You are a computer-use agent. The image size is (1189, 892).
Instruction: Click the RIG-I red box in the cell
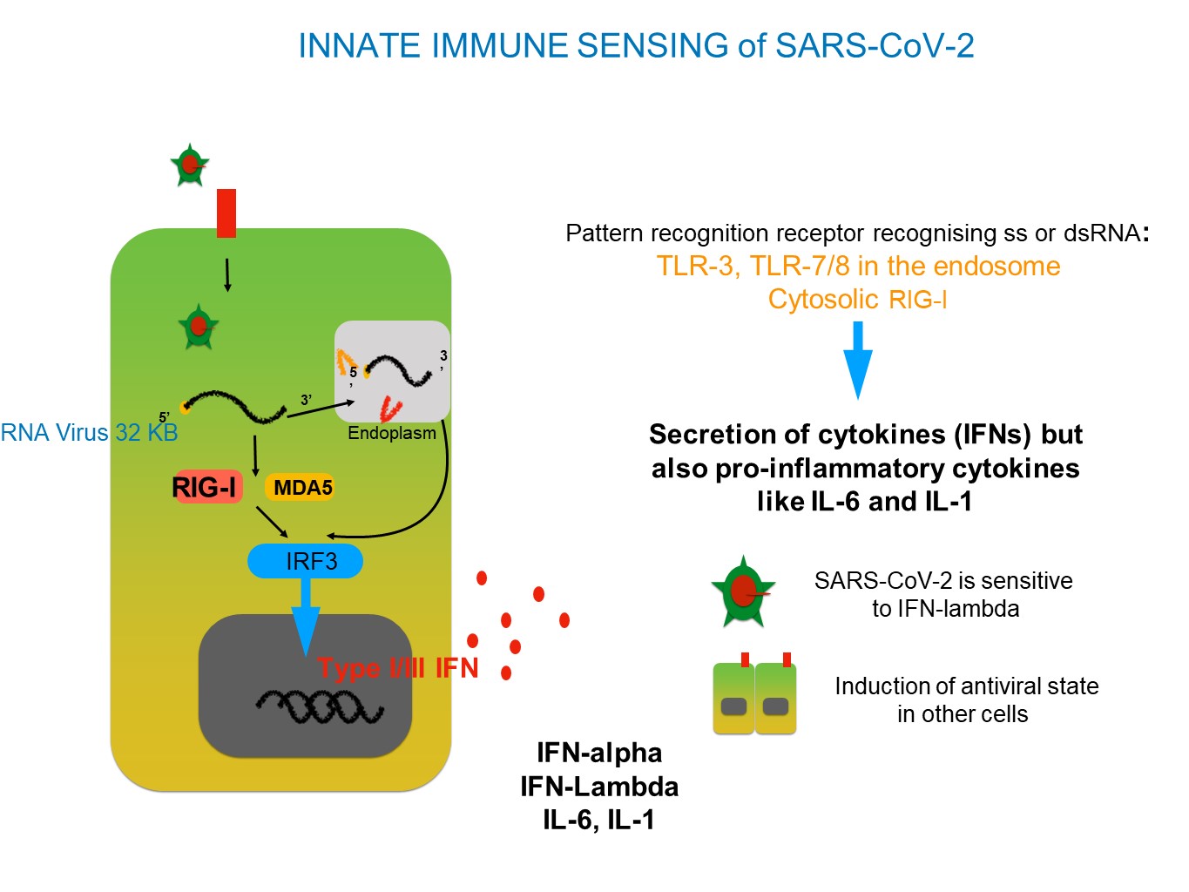[x=207, y=486]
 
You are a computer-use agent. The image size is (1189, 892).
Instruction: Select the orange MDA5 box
[x=299, y=487]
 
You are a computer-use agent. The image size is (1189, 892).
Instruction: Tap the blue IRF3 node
[x=305, y=561]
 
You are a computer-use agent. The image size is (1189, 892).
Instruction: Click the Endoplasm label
[x=392, y=433]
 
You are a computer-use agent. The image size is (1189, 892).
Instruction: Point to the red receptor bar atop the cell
[x=226, y=213]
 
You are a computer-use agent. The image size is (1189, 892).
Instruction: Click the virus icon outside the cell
[x=190, y=165]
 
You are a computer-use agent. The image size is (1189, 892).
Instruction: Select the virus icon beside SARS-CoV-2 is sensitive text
[x=743, y=591]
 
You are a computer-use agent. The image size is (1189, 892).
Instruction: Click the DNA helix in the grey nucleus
[x=320, y=706]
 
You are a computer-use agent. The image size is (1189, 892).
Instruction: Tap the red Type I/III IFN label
[x=397, y=668]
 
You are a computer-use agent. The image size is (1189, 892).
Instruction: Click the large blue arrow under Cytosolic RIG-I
[x=857, y=360]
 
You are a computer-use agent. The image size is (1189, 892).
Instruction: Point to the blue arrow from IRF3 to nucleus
[x=306, y=618]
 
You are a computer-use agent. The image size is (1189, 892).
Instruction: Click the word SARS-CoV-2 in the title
[x=875, y=45]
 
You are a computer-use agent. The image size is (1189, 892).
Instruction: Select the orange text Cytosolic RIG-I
[x=857, y=299]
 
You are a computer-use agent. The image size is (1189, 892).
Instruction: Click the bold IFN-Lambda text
[x=599, y=787]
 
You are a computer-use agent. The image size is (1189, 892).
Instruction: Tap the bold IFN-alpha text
[x=599, y=753]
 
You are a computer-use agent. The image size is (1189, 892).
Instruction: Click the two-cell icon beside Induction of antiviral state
[x=754, y=693]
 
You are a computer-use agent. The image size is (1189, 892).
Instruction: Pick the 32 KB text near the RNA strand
[x=147, y=433]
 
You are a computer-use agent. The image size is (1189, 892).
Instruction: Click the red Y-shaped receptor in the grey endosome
[x=390, y=409]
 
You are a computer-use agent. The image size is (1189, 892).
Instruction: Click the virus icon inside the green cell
[x=199, y=327]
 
